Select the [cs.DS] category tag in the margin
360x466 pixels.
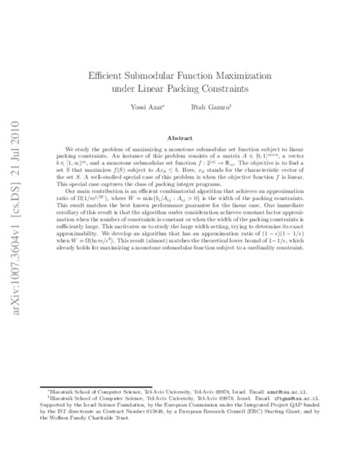pos(16,138)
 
